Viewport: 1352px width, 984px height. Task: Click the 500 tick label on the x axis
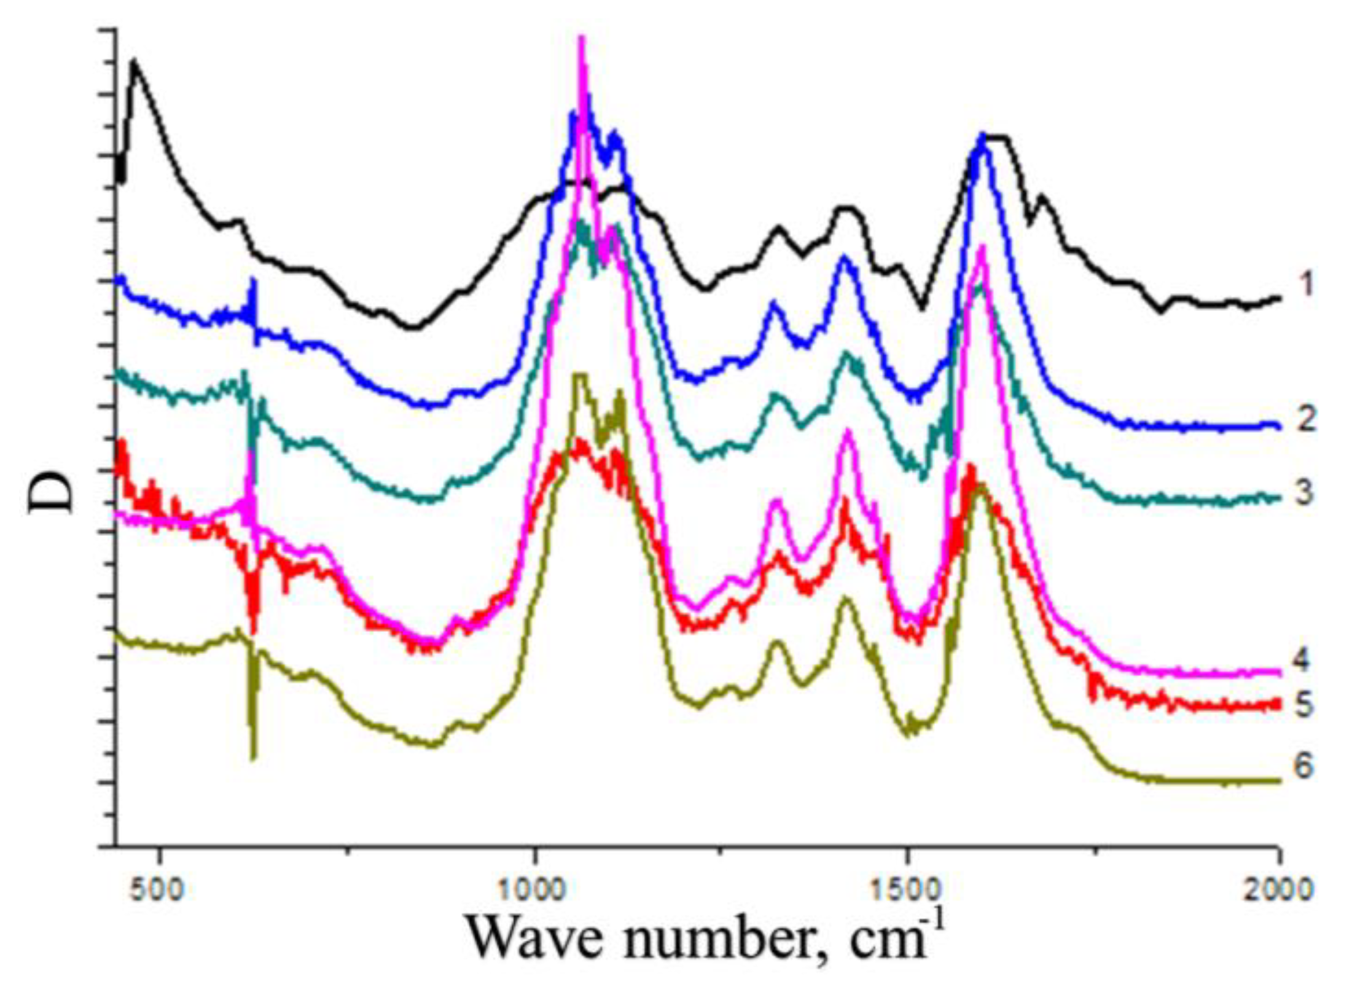point(159,888)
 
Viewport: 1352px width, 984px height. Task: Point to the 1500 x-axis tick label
point(907,888)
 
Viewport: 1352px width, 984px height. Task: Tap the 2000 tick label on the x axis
point(1279,888)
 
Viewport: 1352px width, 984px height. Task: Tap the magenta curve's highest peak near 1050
point(582,40)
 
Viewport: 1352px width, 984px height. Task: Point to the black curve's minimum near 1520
point(921,307)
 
